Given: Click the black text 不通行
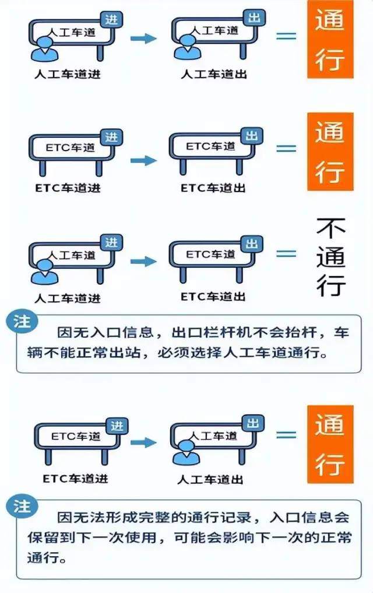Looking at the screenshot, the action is click(x=330, y=257).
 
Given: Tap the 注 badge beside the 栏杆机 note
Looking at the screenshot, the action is click(x=23, y=322).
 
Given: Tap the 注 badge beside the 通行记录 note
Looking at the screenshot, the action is click(x=23, y=506).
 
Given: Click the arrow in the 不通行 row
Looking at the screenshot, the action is click(x=143, y=261).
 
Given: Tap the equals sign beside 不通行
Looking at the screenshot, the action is click(x=286, y=253).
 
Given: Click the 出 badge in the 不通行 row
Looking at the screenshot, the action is click(x=252, y=244).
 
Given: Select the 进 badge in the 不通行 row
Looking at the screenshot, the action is click(x=112, y=242).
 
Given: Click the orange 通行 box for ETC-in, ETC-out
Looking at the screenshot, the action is click(x=330, y=152).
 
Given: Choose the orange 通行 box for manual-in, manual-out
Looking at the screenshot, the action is click(x=330, y=39).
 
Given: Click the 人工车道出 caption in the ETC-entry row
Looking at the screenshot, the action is click(x=210, y=480).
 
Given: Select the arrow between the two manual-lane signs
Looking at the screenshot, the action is click(x=143, y=39).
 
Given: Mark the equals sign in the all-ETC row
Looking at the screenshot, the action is click(x=286, y=148).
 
